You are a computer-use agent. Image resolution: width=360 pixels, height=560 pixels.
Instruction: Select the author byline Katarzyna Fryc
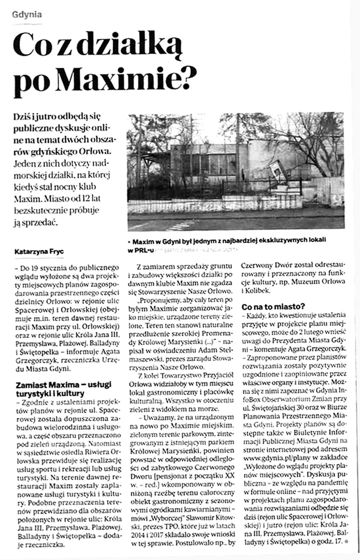point(39,252)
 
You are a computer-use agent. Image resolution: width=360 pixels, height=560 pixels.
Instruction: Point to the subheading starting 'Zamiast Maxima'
point(63,389)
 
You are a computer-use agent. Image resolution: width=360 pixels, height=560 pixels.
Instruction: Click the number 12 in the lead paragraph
point(76,199)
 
